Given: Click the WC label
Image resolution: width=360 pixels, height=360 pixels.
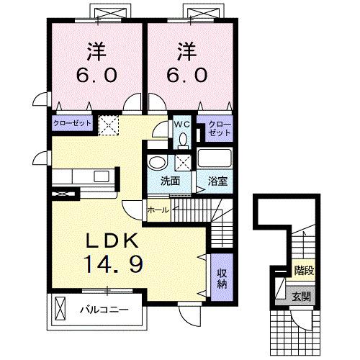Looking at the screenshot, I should tap(180, 123).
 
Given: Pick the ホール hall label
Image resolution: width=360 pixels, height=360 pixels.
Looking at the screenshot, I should tap(158, 210).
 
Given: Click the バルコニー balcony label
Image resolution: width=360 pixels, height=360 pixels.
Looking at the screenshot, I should tap(104, 310).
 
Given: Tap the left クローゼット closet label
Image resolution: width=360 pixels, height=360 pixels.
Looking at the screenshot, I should tap(71, 123).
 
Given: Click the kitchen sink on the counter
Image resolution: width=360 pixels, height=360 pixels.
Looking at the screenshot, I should tap(102, 176).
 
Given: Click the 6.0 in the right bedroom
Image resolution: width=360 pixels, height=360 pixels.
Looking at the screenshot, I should tap(189, 74).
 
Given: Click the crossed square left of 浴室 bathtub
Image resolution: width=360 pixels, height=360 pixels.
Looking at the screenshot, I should tap(183, 161).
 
